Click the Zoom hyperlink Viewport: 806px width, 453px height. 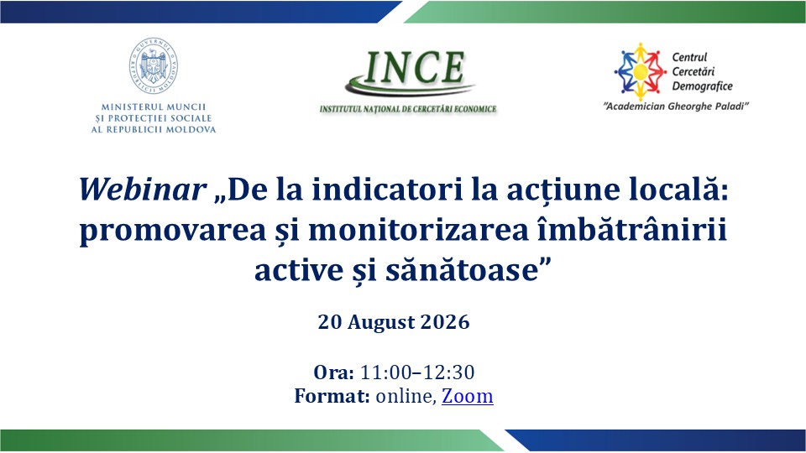tap(468, 396)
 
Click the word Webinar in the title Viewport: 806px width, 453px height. tap(143, 189)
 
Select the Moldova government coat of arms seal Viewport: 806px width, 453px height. tap(153, 65)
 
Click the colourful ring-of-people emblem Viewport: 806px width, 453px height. tap(640, 71)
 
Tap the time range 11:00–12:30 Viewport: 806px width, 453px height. tap(417, 372)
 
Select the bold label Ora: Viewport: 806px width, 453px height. tap(333, 372)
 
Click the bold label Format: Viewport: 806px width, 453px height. tap(332, 396)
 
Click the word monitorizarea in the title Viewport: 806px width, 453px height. tap(418, 230)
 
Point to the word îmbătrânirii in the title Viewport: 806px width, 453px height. tap(631, 230)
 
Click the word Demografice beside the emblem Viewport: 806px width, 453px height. tap(702, 86)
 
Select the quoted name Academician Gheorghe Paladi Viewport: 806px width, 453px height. tap(676, 107)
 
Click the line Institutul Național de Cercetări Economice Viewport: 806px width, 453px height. tap(408, 109)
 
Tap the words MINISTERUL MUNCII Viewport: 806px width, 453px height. tap(153, 107)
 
